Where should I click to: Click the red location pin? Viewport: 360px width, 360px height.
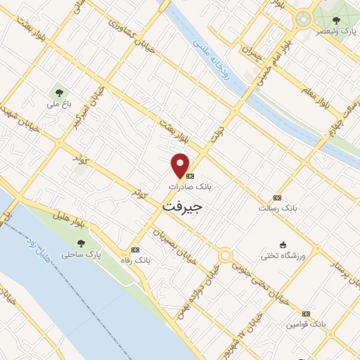click(181, 165)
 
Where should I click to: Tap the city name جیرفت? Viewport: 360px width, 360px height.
click(183, 207)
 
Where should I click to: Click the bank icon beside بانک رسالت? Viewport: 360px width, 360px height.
click(277, 198)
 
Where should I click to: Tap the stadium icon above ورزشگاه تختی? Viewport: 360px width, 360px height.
click(283, 244)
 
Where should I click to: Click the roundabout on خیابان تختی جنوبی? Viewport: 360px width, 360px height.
click(225, 255)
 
